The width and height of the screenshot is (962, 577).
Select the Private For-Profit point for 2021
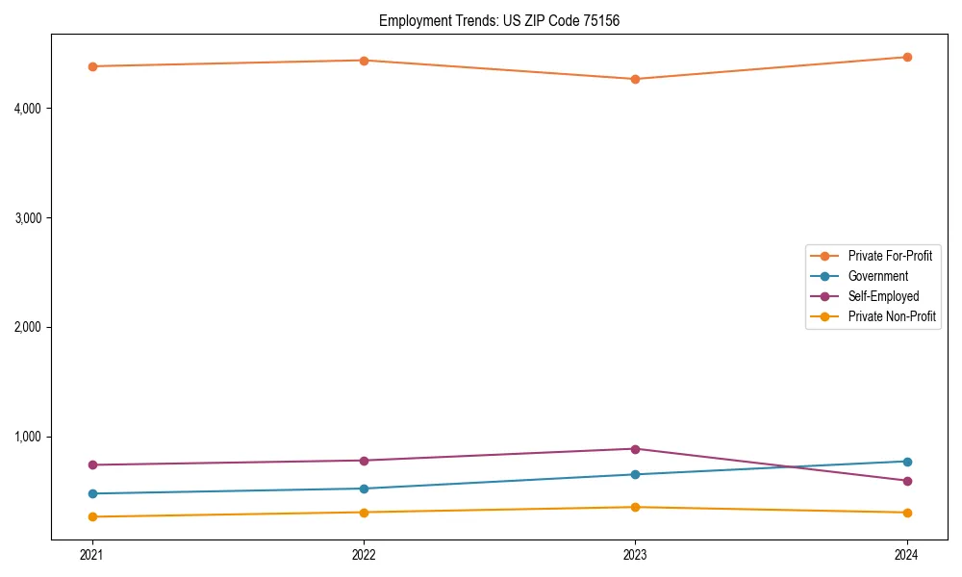pyautogui.click(x=92, y=66)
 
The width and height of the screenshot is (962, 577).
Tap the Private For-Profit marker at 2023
pyautogui.click(x=635, y=79)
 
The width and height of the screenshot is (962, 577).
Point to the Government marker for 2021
pyautogui.click(x=92, y=493)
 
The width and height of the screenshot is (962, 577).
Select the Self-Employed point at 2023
pyautogui.click(x=635, y=449)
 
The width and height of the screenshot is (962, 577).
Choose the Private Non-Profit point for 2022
pyautogui.click(x=364, y=513)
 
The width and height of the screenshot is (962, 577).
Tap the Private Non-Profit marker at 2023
pyautogui.click(x=635, y=507)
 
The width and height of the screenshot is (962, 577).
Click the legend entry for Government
pyautogui.click(x=877, y=276)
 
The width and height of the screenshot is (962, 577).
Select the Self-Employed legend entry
pyautogui.click(x=883, y=296)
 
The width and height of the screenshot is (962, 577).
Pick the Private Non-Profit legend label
pyautogui.click(x=892, y=316)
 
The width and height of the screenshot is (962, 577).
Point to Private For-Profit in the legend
pyautogui.click(x=890, y=256)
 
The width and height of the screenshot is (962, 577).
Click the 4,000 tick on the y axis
pyautogui.click(x=28, y=109)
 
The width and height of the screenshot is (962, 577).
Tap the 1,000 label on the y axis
pyautogui.click(x=28, y=437)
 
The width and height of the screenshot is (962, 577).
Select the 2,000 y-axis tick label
pyautogui.click(x=28, y=327)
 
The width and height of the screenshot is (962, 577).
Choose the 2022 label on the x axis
pyautogui.click(x=364, y=555)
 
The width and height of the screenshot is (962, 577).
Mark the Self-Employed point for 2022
pyautogui.click(x=364, y=461)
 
